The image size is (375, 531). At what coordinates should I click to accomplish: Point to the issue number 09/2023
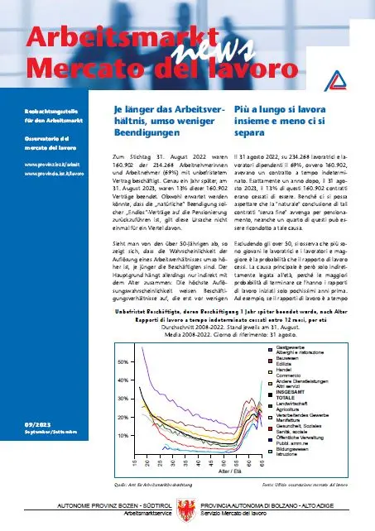coord(39,423)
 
